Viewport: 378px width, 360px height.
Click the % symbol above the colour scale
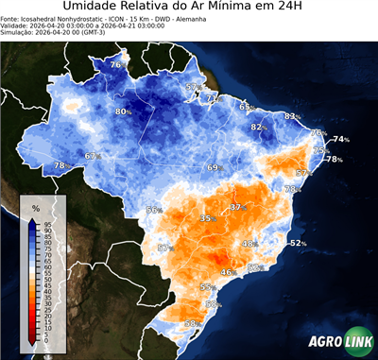tap(35, 207)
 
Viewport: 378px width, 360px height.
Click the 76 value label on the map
tap(115, 64)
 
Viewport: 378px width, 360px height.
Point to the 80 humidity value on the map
tap(121, 111)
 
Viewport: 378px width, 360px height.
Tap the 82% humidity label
tap(258, 127)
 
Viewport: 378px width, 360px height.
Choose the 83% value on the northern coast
tap(292, 116)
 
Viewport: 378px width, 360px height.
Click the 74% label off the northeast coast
tap(340, 140)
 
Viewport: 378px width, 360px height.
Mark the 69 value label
tap(214, 167)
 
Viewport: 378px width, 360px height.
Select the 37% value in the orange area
tap(237, 207)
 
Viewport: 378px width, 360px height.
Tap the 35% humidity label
tap(206, 218)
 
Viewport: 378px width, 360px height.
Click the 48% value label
tap(249, 244)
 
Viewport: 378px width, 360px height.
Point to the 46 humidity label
tap(226, 272)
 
